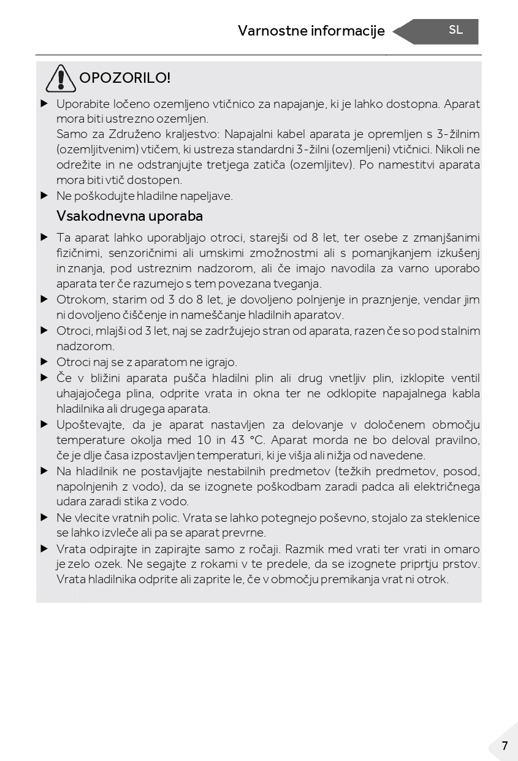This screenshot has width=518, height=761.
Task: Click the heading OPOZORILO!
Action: click(x=125, y=78)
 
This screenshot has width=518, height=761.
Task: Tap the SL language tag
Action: click(x=455, y=30)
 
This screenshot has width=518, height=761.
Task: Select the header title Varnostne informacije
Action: click(x=311, y=31)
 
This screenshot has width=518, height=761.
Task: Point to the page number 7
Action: click(x=505, y=746)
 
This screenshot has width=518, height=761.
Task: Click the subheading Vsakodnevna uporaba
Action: click(x=129, y=216)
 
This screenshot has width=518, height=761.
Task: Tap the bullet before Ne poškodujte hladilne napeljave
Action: click(x=44, y=196)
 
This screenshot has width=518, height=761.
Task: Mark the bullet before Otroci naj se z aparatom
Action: click(x=44, y=362)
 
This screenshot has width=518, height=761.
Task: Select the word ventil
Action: click(x=465, y=378)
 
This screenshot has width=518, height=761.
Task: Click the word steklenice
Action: click(x=454, y=518)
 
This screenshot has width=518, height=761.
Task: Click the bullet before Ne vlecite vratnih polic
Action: click(x=44, y=518)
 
